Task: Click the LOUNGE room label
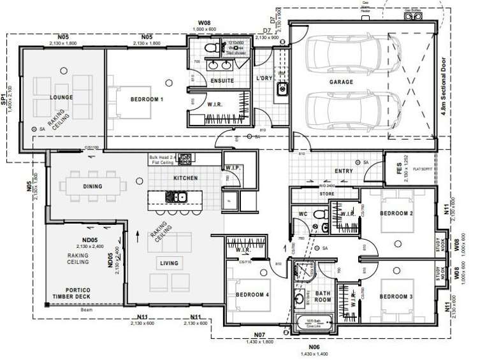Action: (x=62, y=97)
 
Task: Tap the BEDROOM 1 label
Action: (x=147, y=100)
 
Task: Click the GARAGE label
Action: (x=341, y=82)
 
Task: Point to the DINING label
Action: (x=92, y=187)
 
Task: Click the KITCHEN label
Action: (x=185, y=178)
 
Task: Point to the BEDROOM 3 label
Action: (x=397, y=296)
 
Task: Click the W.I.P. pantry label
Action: (x=231, y=168)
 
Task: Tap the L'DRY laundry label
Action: (x=264, y=78)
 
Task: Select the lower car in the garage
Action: (x=342, y=110)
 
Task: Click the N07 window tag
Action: (x=259, y=335)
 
